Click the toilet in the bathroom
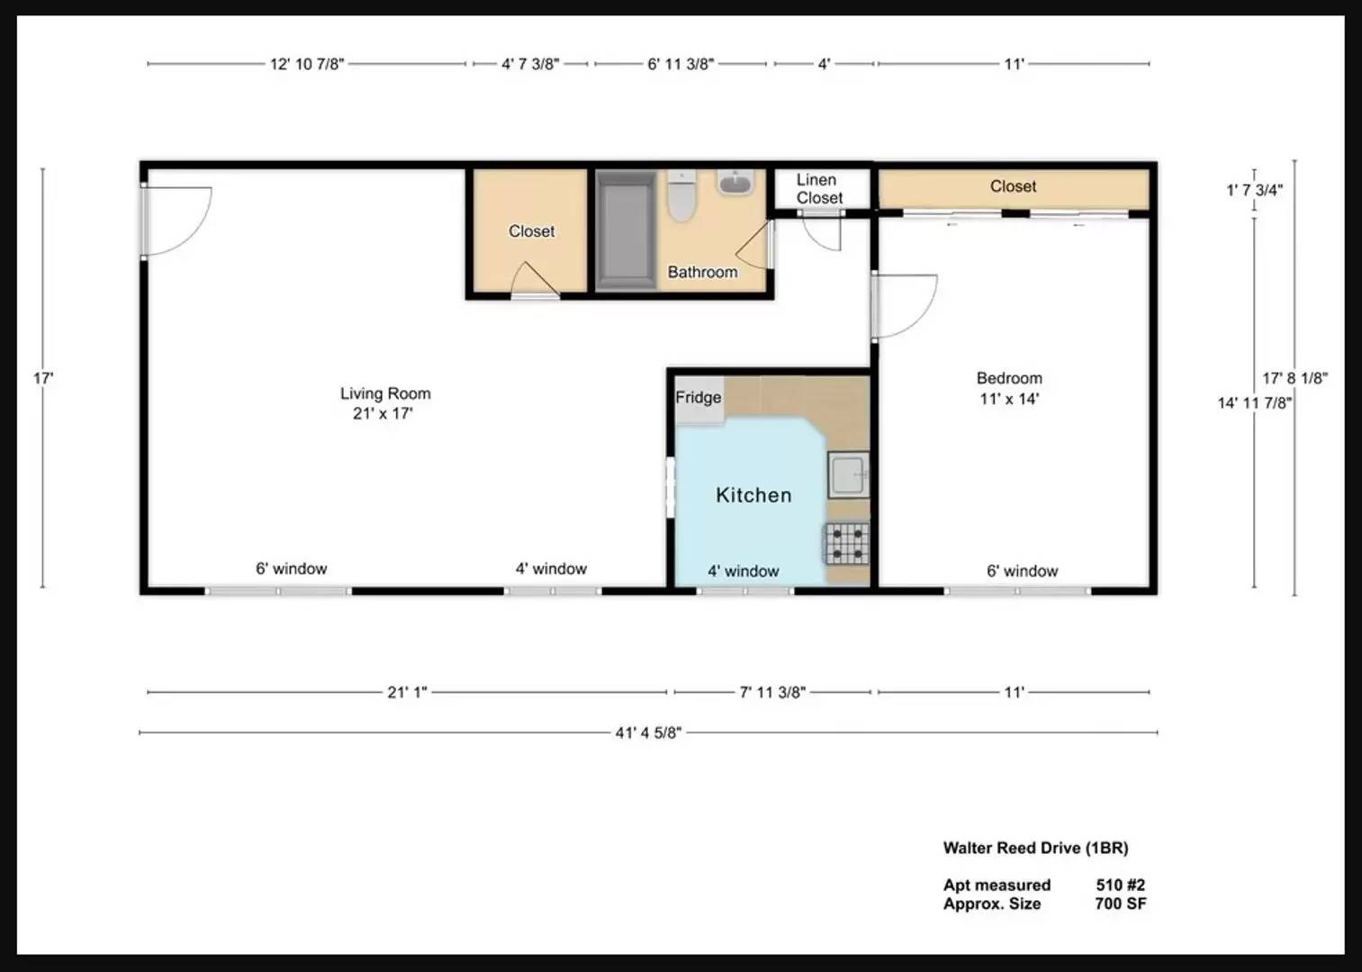(681, 195)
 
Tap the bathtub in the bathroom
(626, 230)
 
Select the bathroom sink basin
(735, 183)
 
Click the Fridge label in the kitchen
(699, 398)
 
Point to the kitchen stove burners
(847, 543)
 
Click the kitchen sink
(848, 475)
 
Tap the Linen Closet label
(819, 189)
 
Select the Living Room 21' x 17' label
(385, 403)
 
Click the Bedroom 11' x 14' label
(1009, 389)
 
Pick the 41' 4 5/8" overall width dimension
(648, 733)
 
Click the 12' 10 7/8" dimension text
(307, 64)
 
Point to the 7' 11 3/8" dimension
(772, 692)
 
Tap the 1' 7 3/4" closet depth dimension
(1254, 190)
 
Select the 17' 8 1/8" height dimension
(1294, 378)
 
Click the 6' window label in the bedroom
(1022, 571)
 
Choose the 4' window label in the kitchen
(743, 571)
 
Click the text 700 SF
(1121, 904)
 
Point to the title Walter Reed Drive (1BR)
(1035, 848)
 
